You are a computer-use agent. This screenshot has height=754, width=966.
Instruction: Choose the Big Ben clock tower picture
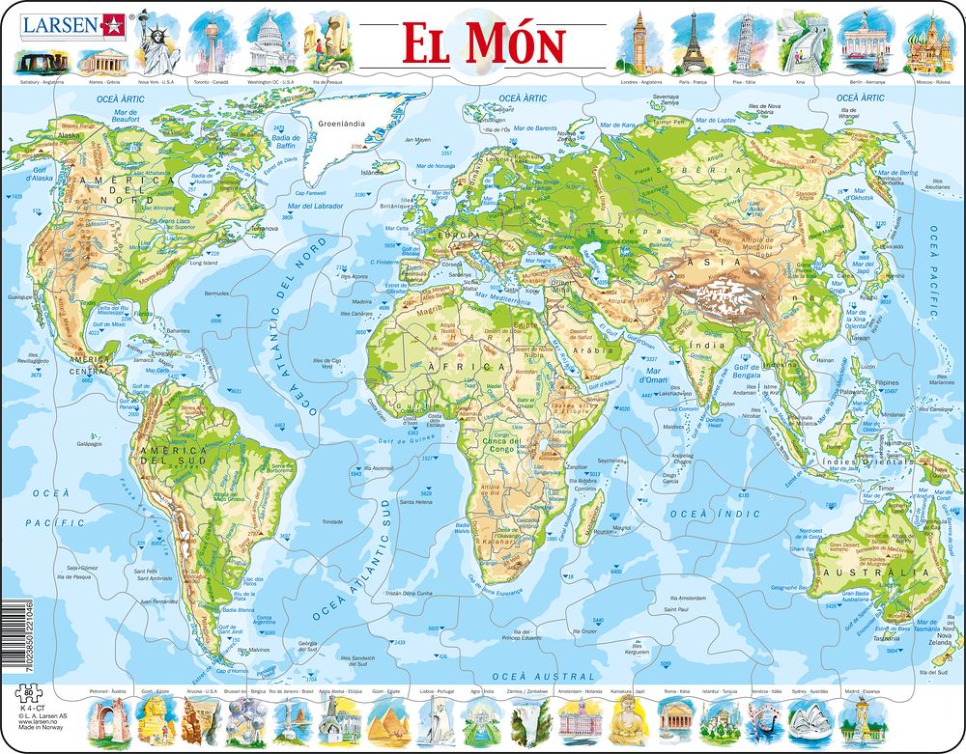(x=639, y=43)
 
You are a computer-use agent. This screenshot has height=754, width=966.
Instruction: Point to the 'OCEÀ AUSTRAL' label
(x=529, y=678)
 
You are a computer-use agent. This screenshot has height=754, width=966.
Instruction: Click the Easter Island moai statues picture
(x=326, y=44)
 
